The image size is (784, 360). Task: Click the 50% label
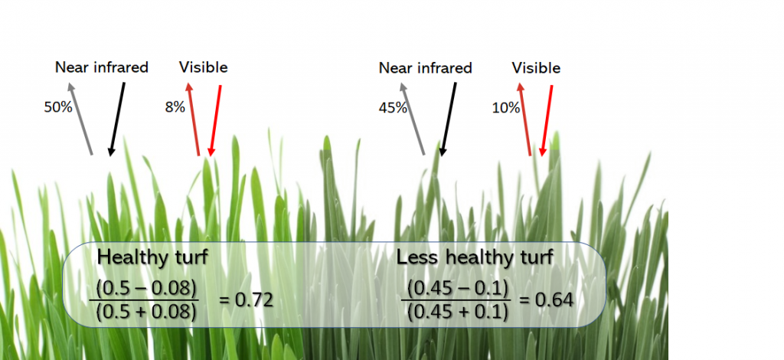click(58, 108)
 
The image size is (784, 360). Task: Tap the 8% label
click(175, 108)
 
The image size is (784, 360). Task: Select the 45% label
click(393, 108)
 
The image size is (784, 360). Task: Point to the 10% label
click(505, 108)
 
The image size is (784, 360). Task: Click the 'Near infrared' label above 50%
click(102, 67)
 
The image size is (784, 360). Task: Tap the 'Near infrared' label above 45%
click(426, 68)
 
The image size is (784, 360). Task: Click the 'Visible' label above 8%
click(204, 67)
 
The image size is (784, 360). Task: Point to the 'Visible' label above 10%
click(536, 68)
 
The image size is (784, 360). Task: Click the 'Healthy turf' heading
click(153, 257)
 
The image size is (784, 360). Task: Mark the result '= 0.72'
click(247, 299)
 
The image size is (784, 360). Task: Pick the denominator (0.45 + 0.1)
click(459, 312)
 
